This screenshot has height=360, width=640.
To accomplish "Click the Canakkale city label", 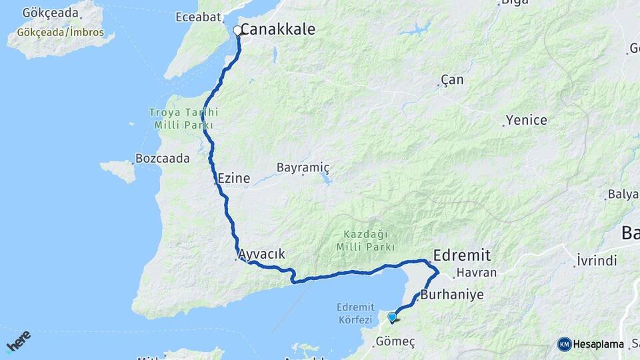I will point(277,29).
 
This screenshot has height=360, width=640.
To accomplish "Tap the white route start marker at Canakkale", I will point(237,30).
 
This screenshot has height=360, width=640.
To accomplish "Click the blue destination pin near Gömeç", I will point(392,317).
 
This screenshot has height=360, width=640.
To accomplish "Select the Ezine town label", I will point(233,178).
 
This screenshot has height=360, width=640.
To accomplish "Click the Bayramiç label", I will point(303,167).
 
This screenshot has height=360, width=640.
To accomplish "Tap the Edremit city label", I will point(461,255).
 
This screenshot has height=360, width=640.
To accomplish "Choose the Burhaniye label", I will point(452,293).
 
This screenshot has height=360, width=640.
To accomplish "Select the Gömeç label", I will point(395,341).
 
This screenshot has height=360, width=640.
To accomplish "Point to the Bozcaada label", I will point(162,159).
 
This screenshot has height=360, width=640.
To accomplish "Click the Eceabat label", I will point(198,17).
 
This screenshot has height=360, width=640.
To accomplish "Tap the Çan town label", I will point(453,80).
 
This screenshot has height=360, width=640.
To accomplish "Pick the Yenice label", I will point(526,121).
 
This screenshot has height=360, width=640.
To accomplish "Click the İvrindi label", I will point(597,261).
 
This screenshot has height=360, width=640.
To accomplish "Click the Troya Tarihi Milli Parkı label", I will point(183,119).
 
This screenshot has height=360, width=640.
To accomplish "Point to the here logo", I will point(18,341).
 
